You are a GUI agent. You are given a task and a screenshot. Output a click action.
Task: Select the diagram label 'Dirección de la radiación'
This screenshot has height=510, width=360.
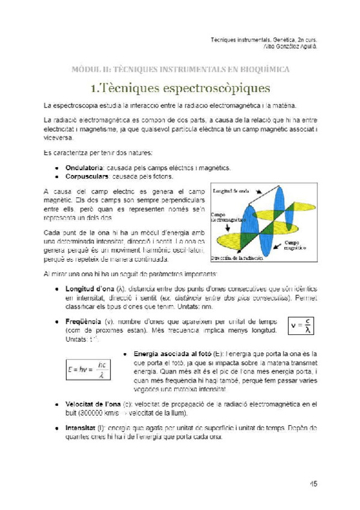(x=236, y=257)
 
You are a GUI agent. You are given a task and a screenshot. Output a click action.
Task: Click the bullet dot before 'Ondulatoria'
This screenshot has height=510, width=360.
(x=56, y=168)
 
